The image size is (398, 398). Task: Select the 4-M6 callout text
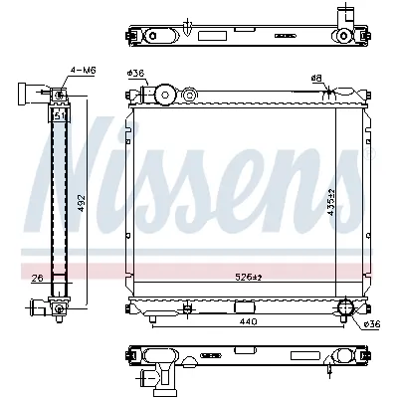[x=82, y=70]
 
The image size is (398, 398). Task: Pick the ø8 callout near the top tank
[x=316, y=78]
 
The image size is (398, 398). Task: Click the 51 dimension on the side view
[x=59, y=114]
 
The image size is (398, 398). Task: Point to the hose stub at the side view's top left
[x=22, y=94]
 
